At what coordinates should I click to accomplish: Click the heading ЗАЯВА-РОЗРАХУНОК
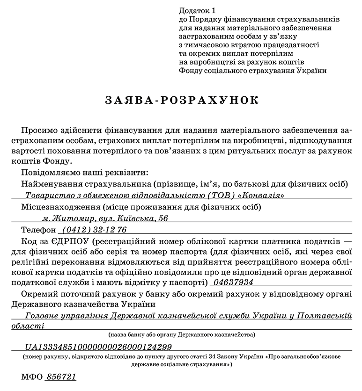pos(181,101)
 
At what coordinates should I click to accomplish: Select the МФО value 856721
pos(60,377)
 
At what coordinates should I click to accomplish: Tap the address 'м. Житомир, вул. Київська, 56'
pos(104,218)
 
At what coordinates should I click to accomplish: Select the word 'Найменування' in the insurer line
pos(52,183)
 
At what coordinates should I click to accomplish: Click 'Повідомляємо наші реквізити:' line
pos(85,172)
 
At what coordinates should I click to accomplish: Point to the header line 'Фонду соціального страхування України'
pos(252,71)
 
